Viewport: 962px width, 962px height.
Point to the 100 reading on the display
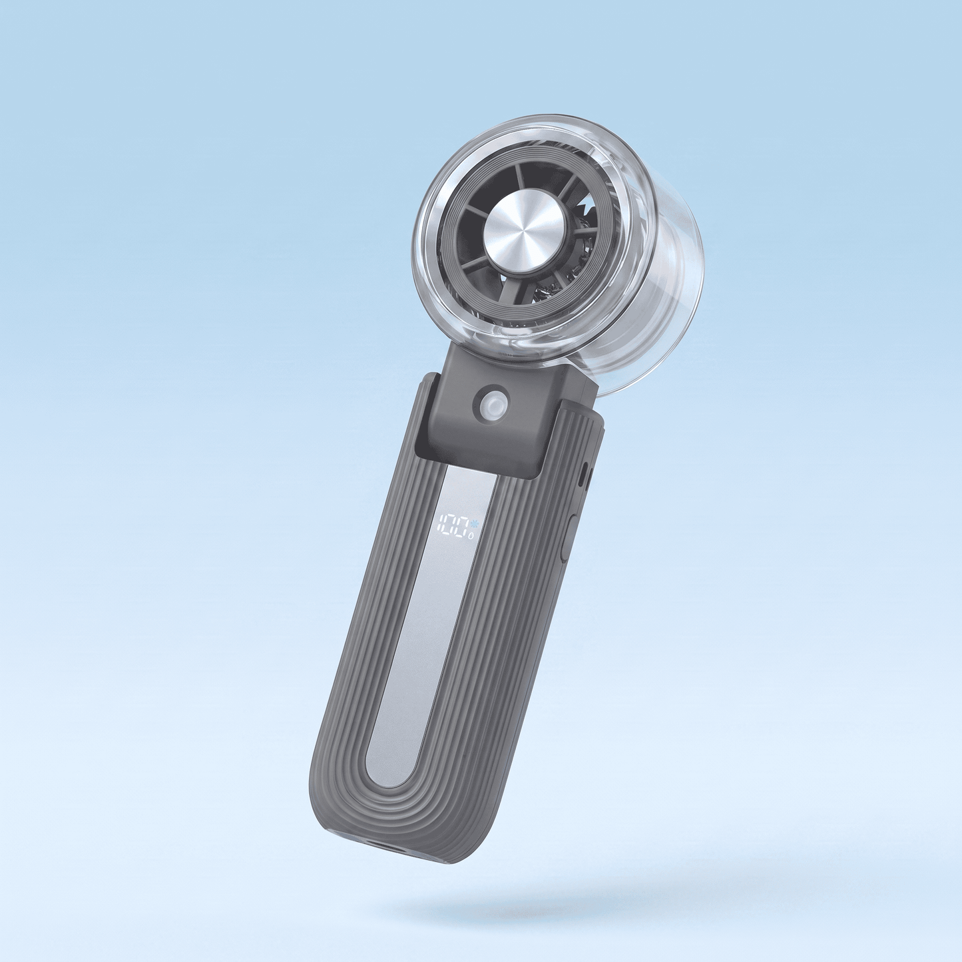click(453, 524)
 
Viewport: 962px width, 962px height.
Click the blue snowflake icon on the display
click(474, 524)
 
